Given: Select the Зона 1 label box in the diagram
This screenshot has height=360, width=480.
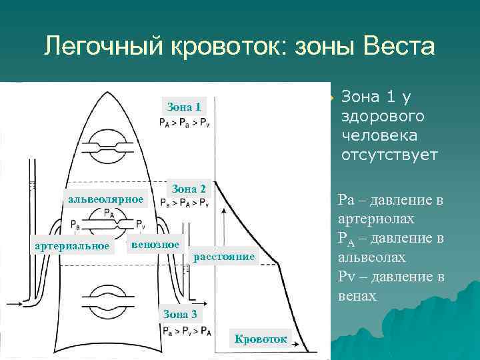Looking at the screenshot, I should coord(184,107).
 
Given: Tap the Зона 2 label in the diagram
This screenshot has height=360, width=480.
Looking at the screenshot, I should coord(189,189).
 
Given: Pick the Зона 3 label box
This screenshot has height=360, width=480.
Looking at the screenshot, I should coord(181,314).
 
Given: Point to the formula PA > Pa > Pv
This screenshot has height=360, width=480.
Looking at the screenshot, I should coord(184,122).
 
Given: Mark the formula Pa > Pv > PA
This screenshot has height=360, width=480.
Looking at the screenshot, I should coord(186,329).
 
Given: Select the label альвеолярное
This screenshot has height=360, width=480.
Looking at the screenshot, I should coord(105,199).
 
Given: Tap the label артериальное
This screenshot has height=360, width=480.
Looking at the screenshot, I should coord(72,246).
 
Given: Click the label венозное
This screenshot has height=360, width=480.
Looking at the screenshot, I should coord(155,245).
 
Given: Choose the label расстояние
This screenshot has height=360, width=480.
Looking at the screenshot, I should coord(223,257).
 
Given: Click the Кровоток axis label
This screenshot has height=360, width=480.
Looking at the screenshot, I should coord(261,339).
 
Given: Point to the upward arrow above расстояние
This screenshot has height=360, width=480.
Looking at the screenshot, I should coord(225,220).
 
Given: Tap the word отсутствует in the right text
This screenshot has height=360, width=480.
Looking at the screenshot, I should coord(389,155).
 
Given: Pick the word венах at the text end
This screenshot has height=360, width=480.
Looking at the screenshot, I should coord(357,296).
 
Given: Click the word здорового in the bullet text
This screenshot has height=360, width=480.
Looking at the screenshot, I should coord(383,116).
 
